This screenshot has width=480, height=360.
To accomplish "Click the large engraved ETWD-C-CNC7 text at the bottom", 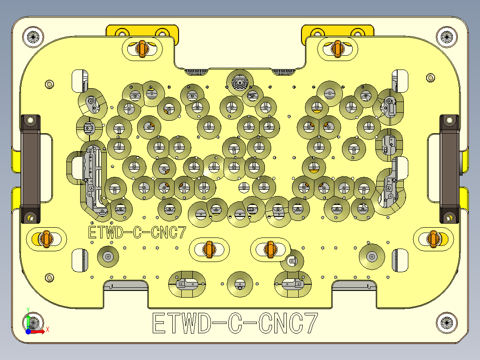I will point(235,323).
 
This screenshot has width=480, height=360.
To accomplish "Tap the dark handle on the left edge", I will point(30,168).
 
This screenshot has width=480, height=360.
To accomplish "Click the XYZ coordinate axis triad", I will point(32,323).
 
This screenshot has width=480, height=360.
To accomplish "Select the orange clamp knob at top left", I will point(142,49).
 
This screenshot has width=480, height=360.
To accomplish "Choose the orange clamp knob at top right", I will point(337,49).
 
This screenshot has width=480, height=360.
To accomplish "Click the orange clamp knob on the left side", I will point(45,239).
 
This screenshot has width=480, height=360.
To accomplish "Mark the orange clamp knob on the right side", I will point(432,239).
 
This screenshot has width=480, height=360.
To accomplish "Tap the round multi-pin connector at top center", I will point(240,82).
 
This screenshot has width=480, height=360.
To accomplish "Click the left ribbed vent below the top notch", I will point(196,72).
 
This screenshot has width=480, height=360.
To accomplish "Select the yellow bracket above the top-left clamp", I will point(142,32).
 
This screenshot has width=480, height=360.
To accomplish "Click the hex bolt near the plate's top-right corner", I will point(430,78).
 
